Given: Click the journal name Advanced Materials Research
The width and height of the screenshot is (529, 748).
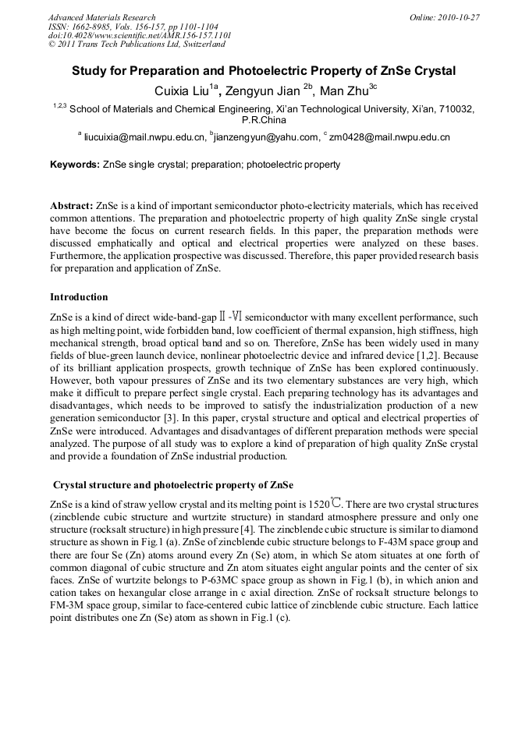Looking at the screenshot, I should [101, 17].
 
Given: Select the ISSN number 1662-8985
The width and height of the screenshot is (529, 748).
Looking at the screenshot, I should [94, 27].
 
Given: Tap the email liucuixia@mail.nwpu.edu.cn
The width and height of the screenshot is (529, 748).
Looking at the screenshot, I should [144, 137].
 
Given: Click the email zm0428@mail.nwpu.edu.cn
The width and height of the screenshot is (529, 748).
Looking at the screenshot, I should [389, 137].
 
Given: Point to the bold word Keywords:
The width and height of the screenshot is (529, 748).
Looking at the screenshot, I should [74, 165].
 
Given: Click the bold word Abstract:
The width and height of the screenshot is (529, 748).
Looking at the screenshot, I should [72, 205].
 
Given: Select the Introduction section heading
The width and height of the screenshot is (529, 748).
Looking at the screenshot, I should [79, 297].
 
